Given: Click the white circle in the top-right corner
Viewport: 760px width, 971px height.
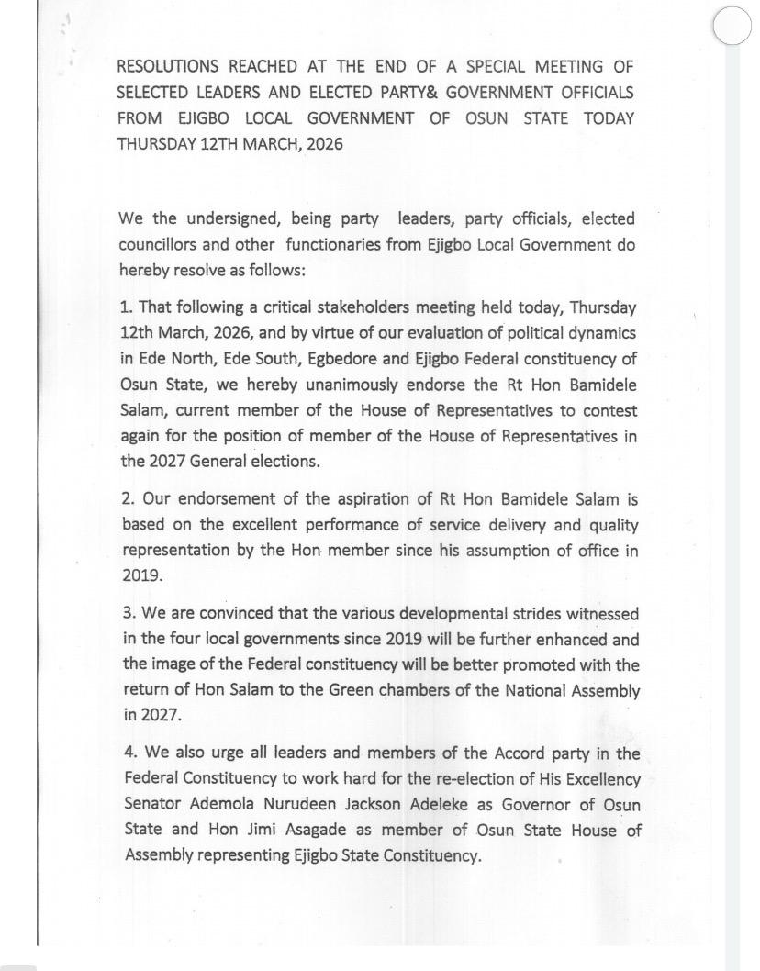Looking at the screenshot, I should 732,25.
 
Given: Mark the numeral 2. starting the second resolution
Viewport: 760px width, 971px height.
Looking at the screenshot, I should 129,498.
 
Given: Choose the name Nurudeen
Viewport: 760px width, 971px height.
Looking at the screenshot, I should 338,805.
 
